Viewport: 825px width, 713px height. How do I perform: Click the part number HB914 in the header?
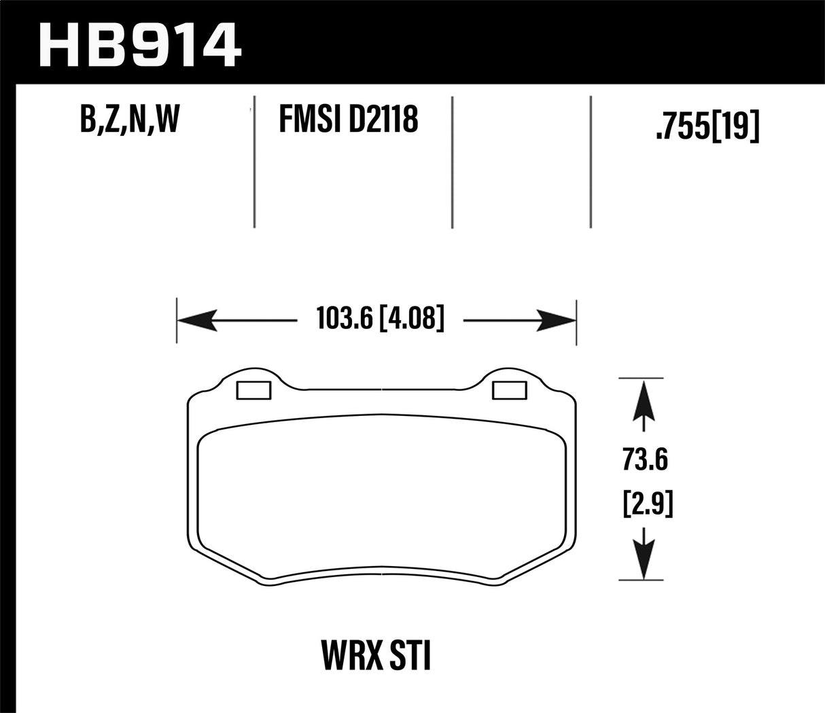140,45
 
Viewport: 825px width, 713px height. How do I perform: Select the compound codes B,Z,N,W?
129,120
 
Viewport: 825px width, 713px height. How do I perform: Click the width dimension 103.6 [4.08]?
380,319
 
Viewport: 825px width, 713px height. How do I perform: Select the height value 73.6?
644,460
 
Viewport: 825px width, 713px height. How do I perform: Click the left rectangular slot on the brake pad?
253,390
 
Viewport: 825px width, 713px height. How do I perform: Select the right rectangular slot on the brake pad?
510,390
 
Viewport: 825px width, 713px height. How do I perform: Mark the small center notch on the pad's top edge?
383,390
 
